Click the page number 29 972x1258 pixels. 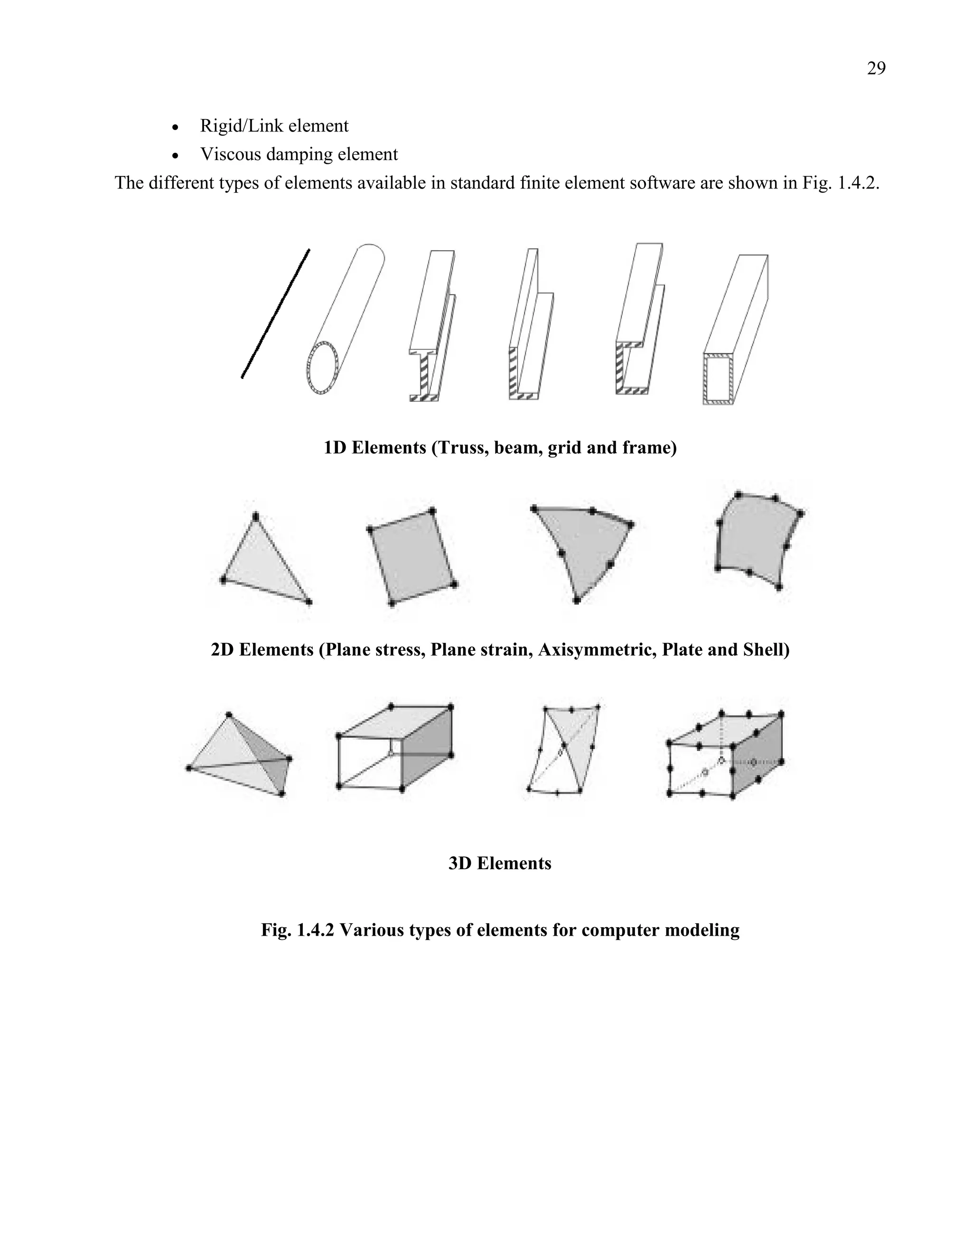(876, 68)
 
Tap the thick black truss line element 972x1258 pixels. (275, 314)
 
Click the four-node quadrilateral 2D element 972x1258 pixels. (411, 556)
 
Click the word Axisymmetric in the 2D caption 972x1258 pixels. (597, 650)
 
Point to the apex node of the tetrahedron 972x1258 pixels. (229, 715)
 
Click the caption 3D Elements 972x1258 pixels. (499, 864)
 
